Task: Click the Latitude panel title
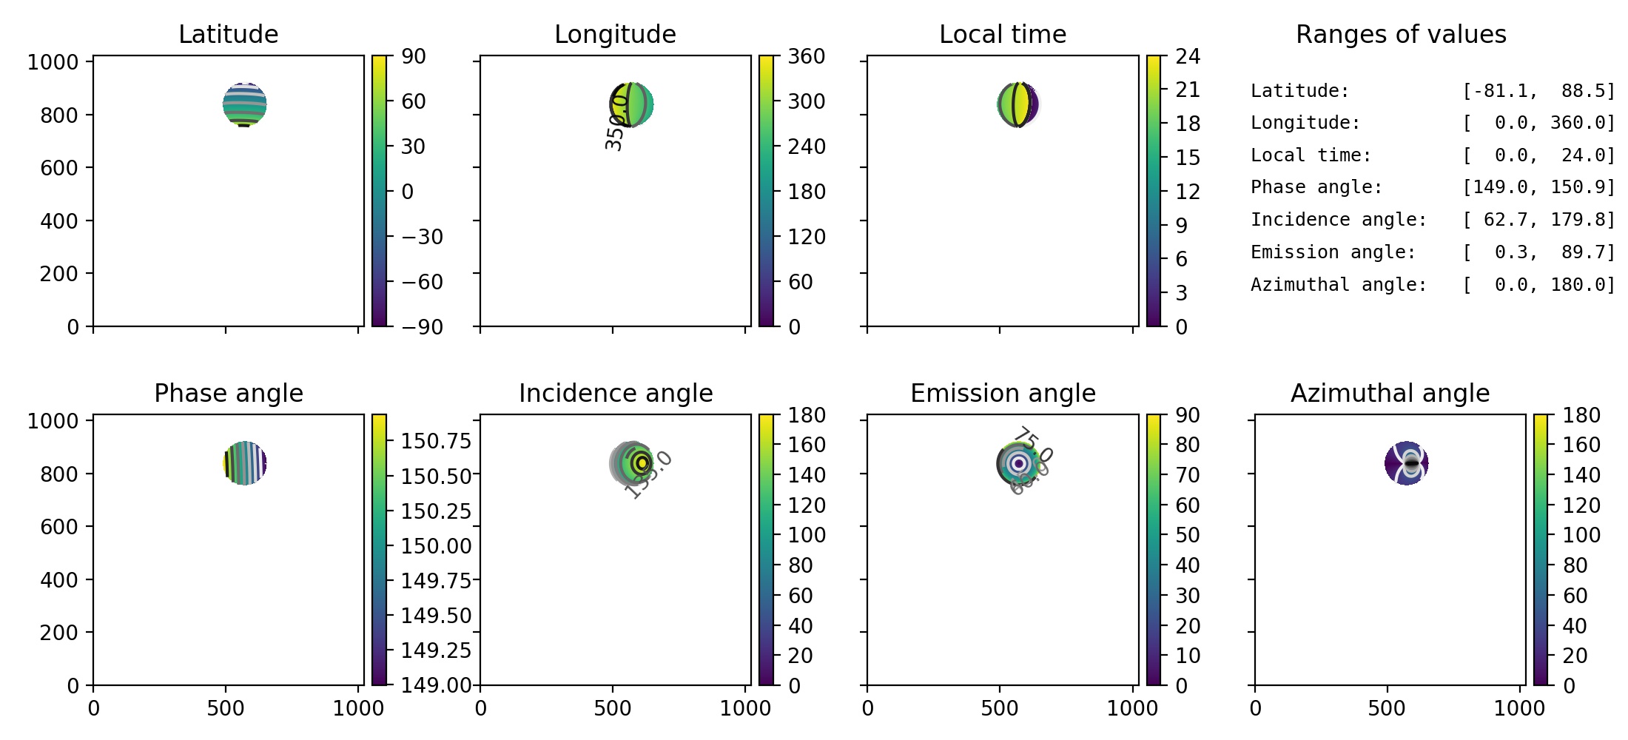pyautogui.click(x=228, y=34)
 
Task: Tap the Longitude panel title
pyautogui.click(x=615, y=34)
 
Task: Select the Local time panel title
pyautogui.click(x=1003, y=34)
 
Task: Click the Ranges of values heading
pyautogui.click(x=1401, y=34)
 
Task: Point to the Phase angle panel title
pyautogui.click(x=228, y=393)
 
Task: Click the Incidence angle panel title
pyautogui.click(x=616, y=393)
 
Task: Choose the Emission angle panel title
pyautogui.click(x=1003, y=393)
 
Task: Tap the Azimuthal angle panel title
pyautogui.click(x=1390, y=393)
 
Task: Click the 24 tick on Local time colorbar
pyautogui.click(x=1188, y=56)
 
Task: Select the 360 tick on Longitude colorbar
pyautogui.click(x=806, y=56)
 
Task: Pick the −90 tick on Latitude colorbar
pyautogui.click(x=422, y=326)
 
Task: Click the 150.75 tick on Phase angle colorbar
pyautogui.click(x=436, y=441)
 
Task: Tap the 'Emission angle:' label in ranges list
pyautogui.click(x=1333, y=252)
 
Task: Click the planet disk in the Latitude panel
pyautogui.click(x=245, y=104)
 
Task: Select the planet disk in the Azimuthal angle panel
pyautogui.click(x=1406, y=463)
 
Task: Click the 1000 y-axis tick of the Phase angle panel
pyautogui.click(x=53, y=421)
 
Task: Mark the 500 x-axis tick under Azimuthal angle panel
pyautogui.click(x=1387, y=708)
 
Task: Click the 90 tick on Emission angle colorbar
pyautogui.click(x=1188, y=415)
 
